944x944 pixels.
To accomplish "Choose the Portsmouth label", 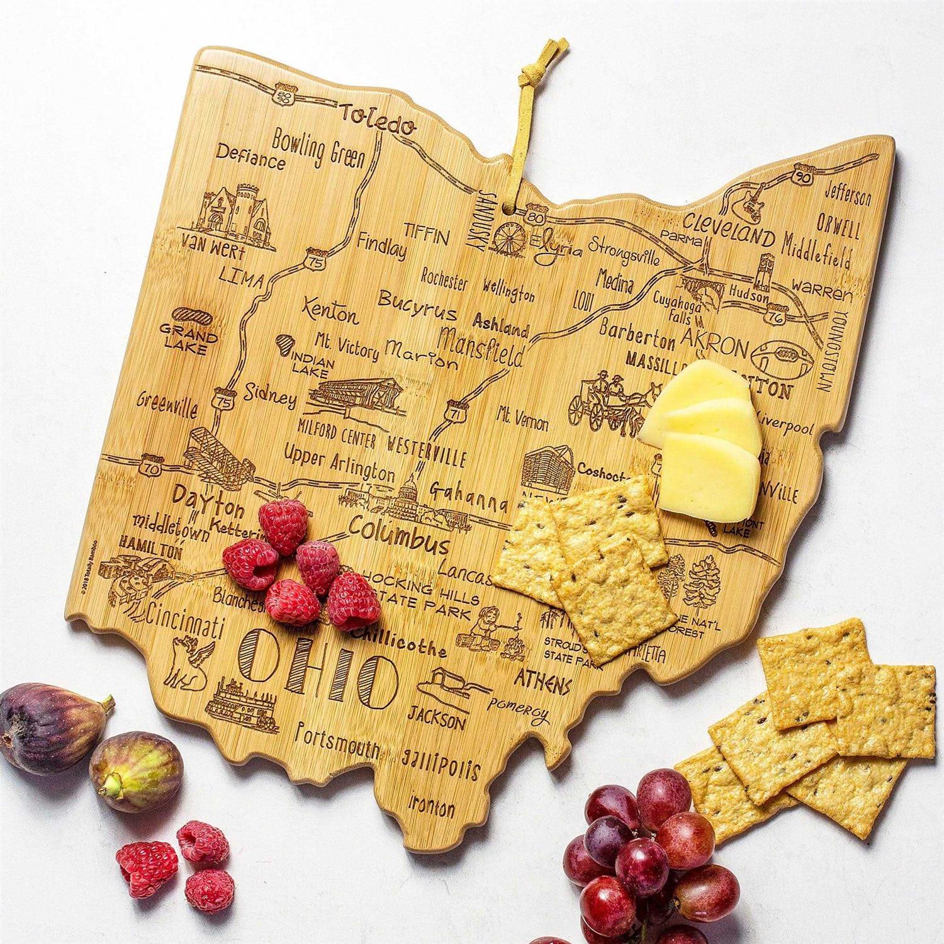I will coord(338,743).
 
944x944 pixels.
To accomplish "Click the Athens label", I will coord(542,681).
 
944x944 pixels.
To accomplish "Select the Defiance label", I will coord(250,158).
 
